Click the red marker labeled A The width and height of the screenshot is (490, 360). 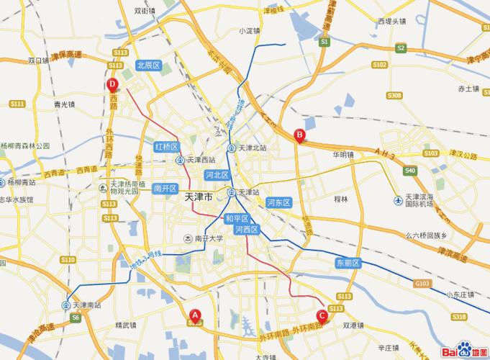coord(194,314)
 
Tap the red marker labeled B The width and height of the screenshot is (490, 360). coord(299,134)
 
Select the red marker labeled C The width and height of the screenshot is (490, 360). coord(322,314)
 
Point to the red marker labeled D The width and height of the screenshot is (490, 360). coord(112,84)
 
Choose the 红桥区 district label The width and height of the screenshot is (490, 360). coord(166,146)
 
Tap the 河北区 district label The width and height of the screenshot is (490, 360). coord(217,175)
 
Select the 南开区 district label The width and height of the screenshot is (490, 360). coord(165,188)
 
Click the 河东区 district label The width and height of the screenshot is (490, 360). coord(278,203)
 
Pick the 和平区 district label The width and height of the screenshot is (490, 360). coord(237,218)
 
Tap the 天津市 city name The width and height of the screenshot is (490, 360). coord(199,196)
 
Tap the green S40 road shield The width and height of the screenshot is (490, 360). coord(409,171)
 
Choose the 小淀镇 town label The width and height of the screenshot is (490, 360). coord(250,31)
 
